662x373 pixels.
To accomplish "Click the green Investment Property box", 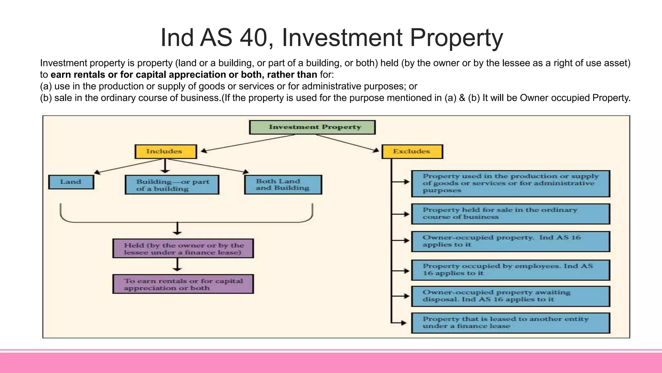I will click(312, 127).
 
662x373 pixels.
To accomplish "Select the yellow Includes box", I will click(165, 152).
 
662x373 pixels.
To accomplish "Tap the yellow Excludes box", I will click(412, 152).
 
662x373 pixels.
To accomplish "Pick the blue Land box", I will click(71, 182).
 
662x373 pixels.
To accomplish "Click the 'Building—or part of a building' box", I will click(172, 185).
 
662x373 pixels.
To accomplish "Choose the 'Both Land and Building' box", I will click(283, 185).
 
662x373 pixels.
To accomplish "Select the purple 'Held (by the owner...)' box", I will click(183, 249).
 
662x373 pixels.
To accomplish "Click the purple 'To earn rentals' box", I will click(183, 284).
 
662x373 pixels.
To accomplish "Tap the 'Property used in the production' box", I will click(510, 184).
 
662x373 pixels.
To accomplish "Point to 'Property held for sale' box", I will click(510, 214).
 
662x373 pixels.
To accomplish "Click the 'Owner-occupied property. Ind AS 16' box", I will click(510, 241).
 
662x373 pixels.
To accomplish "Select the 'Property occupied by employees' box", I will click(510, 270).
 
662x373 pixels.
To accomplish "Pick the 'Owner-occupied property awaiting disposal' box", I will click(510, 296).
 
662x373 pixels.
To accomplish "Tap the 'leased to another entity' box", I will click(510, 323).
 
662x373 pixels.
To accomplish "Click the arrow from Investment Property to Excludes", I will click(347, 143).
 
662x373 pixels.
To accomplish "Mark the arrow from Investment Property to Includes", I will click(247, 143).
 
